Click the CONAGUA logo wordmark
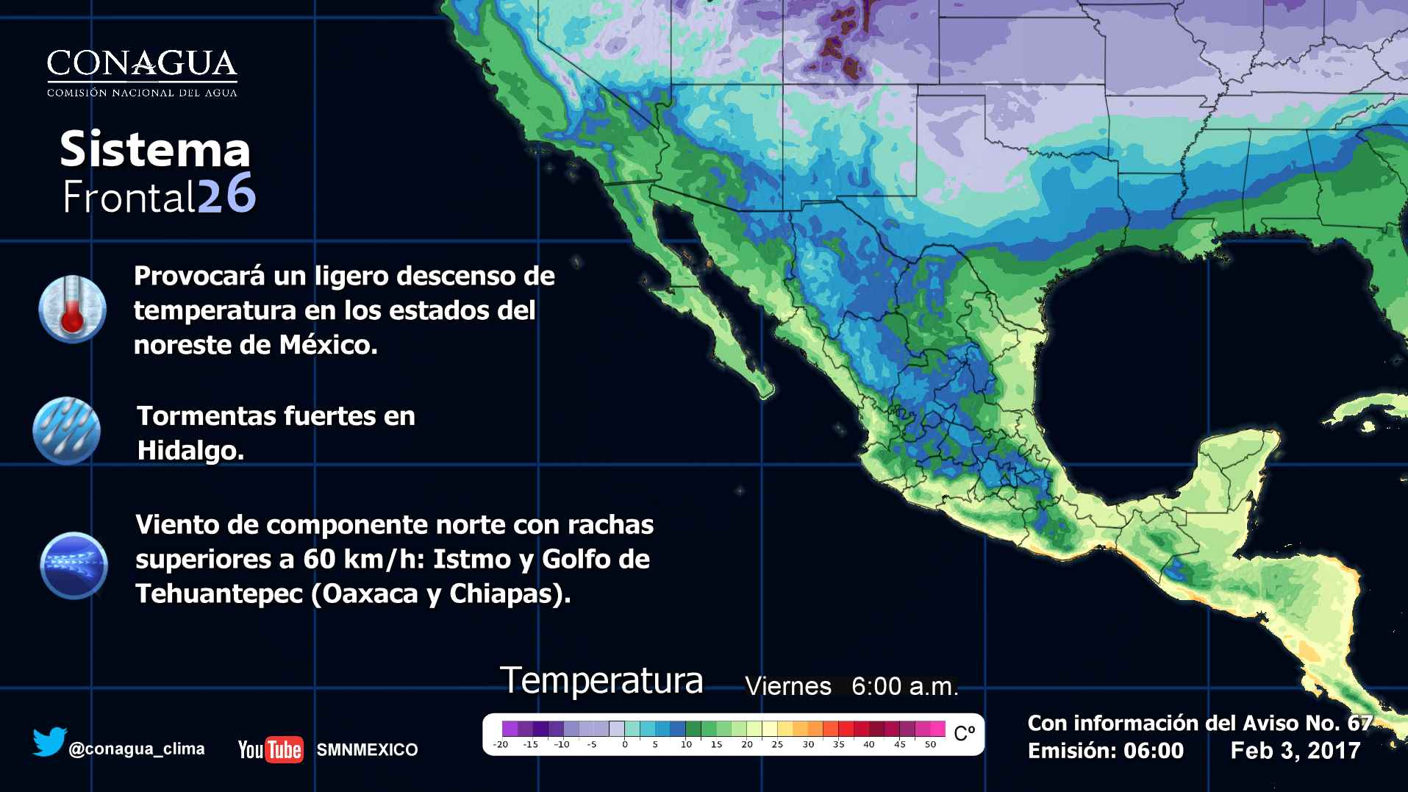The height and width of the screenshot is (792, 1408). pyautogui.click(x=142, y=65)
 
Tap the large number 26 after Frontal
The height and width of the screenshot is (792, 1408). pyautogui.click(x=226, y=195)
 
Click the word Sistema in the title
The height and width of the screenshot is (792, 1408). pyautogui.click(x=155, y=149)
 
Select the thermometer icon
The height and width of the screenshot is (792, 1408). pyautogui.click(x=72, y=310)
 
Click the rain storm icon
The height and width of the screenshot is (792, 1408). pyautogui.click(x=67, y=431)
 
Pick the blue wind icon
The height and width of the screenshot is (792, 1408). pyautogui.click(x=74, y=565)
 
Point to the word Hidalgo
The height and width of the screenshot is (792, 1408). pyautogui.click(x=190, y=451)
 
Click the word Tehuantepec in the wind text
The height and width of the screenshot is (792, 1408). pyautogui.click(x=219, y=593)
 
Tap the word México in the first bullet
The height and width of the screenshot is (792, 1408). pyautogui.click(x=329, y=345)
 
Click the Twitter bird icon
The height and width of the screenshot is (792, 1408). pyautogui.click(x=49, y=742)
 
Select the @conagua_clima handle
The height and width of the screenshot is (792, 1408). pyautogui.click(x=137, y=749)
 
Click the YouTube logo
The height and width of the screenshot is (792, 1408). pyautogui.click(x=270, y=749)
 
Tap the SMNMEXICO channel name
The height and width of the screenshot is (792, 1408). pyautogui.click(x=367, y=750)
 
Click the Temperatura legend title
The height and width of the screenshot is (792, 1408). pyautogui.click(x=601, y=681)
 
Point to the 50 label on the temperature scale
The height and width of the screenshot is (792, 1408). pyautogui.click(x=931, y=744)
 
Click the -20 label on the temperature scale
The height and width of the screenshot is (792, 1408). pyautogui.click(x=501, y=744)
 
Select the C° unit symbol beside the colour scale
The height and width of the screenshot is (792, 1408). pyautogui.click(x=964, y=733)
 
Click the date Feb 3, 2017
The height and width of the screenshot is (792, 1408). pyautogui.click(x=1296, y=751)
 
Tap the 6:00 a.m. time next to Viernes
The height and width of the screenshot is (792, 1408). pyautogui.click(x=905, y=687)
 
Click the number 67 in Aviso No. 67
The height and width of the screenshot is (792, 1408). pyautogui.click(x=1359, y=723)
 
